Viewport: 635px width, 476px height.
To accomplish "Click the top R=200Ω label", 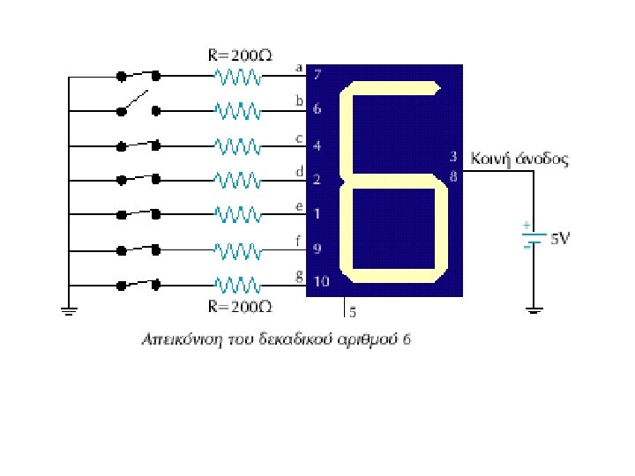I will coord(238,54).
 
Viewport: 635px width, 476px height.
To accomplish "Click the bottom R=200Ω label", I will coord(238,307).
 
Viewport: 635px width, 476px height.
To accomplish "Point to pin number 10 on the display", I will coord(320,282).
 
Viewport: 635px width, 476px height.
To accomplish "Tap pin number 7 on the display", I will coord(317,75).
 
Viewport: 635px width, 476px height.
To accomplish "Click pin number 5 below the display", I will coord(353,311).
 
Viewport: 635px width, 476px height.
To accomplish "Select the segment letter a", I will coord(299,66).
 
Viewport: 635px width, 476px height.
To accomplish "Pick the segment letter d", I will coord(299,170).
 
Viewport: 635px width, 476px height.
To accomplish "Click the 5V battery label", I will coord(560,239).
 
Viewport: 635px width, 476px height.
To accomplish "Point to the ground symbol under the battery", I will coord(534,309).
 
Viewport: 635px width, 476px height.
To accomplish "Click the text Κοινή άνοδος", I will coord(521,160).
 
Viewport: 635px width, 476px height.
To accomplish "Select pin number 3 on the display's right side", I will coord(453,157).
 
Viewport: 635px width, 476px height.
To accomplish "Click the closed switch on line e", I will coord(139,214).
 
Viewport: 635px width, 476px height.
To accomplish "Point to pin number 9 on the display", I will coord(317,248).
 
